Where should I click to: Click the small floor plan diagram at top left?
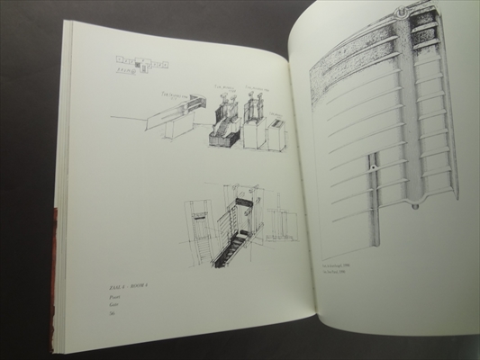point(147,63)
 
